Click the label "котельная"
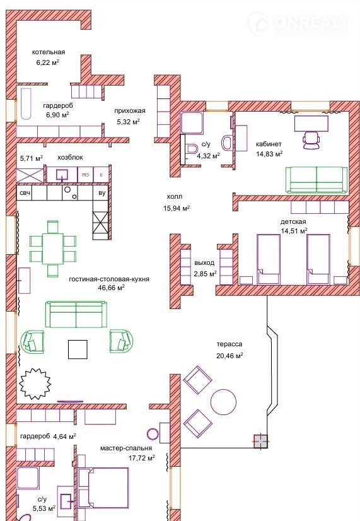click(49, 52)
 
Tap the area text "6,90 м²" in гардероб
click(58, 115)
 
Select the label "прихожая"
click(130, 111)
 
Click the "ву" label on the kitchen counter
click(102, 193)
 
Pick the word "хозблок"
click(70, 157)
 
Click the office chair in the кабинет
click(311, 139)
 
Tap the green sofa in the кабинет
click(316, 179)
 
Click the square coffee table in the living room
click(78, 349)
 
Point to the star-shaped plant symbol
click(35, 383)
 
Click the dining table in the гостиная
click(53, 249)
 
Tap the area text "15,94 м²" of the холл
click(177, 208)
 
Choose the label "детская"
click(293, 222)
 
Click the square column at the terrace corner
click(261, 442)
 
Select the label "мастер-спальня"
click(126, 448)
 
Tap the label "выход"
click(204, 263)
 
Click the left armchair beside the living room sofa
click(32, 341)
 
